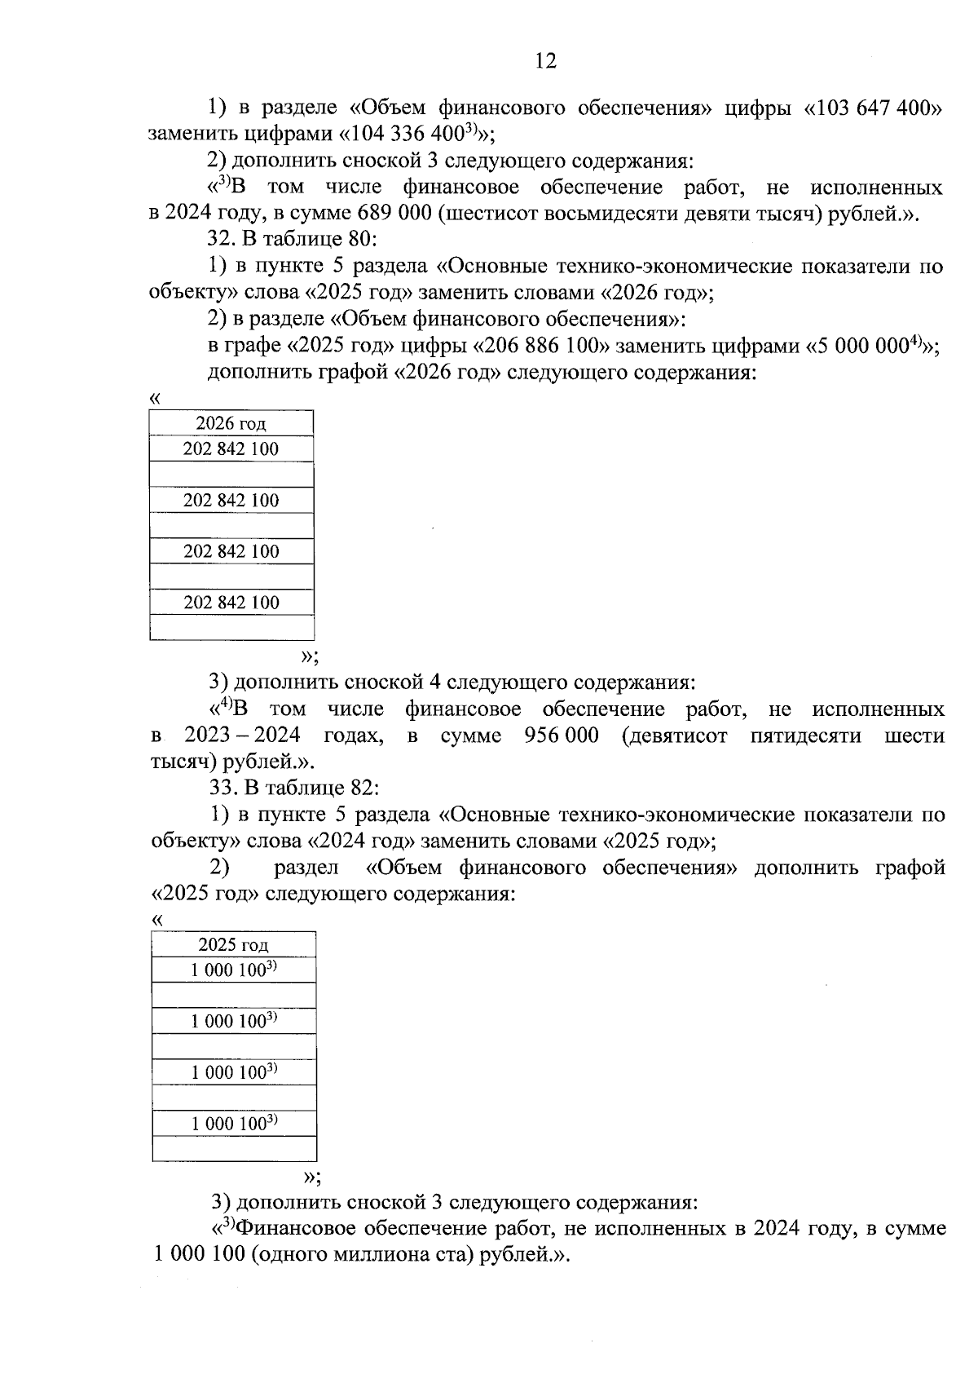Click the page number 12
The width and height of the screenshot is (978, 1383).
tap(546, 60)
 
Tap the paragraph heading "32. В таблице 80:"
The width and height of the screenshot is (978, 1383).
tap(291, 240)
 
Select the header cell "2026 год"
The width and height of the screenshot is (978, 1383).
tap(231, 423)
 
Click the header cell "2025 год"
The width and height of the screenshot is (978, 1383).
tap(233, 944)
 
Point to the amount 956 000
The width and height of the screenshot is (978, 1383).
tap(562, 736)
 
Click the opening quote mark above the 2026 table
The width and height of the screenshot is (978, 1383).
tap(156, 398)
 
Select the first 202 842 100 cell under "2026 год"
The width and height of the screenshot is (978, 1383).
tap(231, 449)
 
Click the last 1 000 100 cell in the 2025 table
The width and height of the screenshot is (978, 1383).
tap(234, 1123)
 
